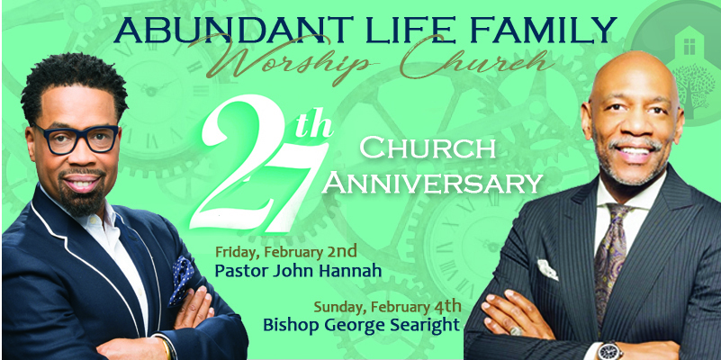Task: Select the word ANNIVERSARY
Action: (435, 184)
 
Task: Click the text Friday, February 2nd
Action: (286, 252)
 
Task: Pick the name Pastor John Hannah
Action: (298, 271)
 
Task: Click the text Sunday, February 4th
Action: (388, 306)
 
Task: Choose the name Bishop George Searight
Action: (361, 325)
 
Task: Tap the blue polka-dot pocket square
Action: (181, 281)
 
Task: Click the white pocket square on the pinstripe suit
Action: (547, 269)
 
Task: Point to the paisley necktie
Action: (610, 257)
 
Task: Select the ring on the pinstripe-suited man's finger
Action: (517, 330)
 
